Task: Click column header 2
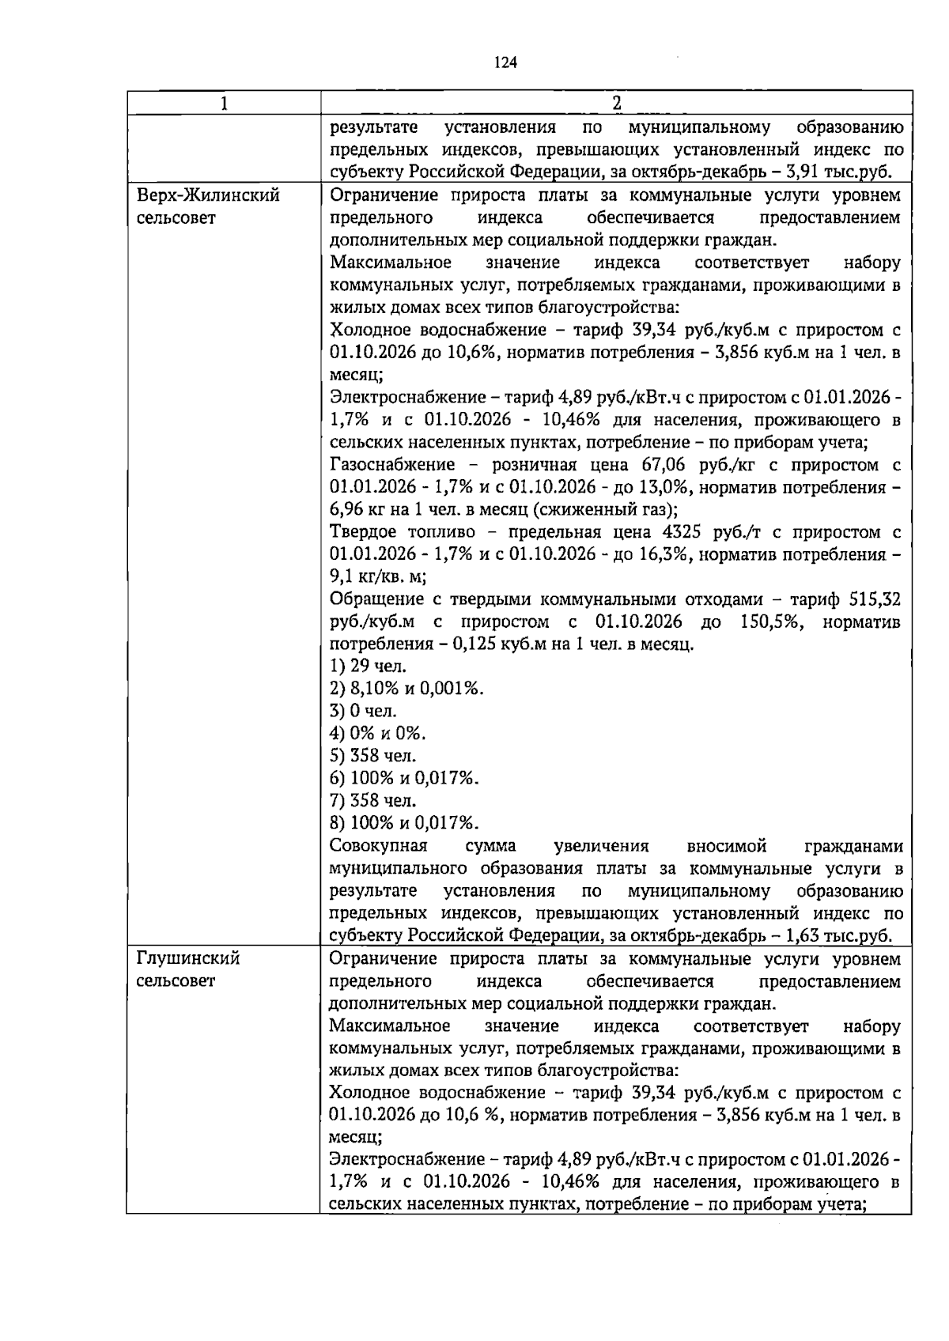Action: click(616, 103)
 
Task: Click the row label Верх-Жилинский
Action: click(208, 195)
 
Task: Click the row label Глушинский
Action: click(188, 959)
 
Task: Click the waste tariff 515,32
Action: click(873, 599)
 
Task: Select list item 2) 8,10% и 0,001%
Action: click(406, 689)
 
